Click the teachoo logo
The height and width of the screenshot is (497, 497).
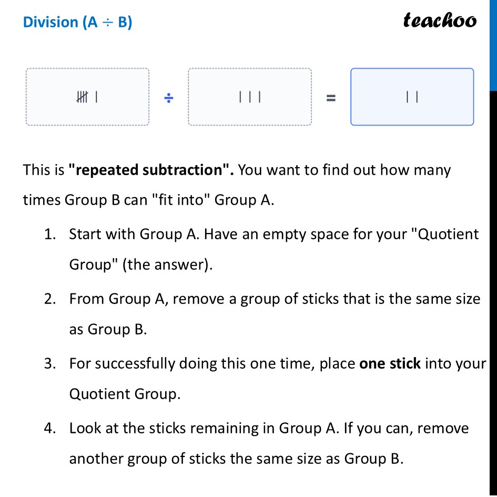pos(440,21)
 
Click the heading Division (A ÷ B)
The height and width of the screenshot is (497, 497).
pos(77,23)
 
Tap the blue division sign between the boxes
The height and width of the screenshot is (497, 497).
pos(168,97)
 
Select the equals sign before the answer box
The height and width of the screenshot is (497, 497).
pos(331,97)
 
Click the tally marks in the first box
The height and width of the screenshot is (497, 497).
pos(87,97)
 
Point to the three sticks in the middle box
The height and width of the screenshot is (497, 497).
pos(250,97)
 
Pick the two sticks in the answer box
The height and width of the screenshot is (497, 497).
pos(412,97)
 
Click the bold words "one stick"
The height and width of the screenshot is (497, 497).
pos(390,364)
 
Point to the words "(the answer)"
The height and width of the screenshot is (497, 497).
pos(167,265)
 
